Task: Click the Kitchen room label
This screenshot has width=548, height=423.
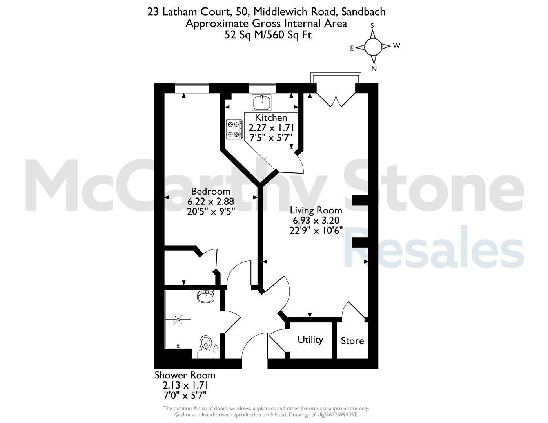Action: click(x=271, y=117)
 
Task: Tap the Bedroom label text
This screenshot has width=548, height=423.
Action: click(x=210, y=192)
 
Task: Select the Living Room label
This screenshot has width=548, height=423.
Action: click(x=316, y=210)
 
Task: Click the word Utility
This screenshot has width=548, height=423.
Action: click(x=310, y=340)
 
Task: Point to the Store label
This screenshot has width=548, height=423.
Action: click(x=352, y=341)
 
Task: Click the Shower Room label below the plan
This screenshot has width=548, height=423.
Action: click(x=185, y=375)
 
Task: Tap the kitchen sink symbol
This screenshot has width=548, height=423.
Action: click(x=261, y=103)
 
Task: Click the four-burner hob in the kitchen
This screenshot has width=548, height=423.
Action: click(x=235, y=129)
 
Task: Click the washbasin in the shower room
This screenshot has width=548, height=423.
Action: click(x=205, y=296)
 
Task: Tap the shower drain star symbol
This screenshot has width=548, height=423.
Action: click(x=178, y=320)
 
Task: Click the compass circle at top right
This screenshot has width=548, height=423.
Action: click(x=373, y=47)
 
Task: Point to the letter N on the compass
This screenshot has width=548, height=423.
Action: click(x=374, y=69)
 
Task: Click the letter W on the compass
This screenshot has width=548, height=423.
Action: click(x=397, y=46)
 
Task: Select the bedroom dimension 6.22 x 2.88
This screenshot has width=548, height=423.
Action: click(x=210, y=201)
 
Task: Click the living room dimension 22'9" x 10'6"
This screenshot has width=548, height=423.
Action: click(x=316, y=230)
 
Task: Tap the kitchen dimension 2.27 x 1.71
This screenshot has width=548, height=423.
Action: click(x=271, y=128)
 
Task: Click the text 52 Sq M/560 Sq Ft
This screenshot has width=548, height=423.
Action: click(x=268, y=35)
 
